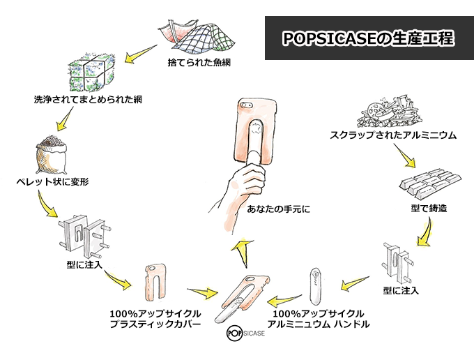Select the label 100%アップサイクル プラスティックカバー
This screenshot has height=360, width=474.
pyautogui.click(x=156, y=319)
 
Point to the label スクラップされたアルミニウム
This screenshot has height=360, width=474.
pyautogui.click(x=394, y=135)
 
